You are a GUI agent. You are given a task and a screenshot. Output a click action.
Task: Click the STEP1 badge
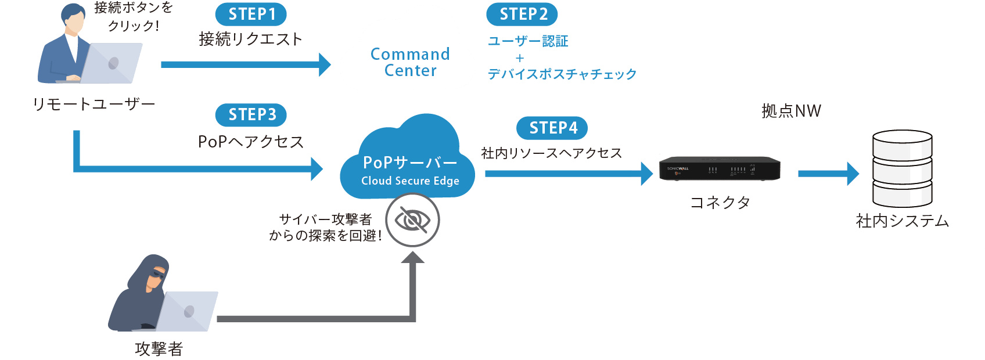point(251,14)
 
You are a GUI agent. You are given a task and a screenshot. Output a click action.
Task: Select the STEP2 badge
point(522,14)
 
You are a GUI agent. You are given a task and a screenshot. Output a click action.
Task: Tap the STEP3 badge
point(251,115)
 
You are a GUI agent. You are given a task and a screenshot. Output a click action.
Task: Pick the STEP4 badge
point(552,128)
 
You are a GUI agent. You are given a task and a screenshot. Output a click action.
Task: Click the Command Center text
point(410,62)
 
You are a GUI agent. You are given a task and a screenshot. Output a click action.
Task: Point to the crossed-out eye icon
point(412,220)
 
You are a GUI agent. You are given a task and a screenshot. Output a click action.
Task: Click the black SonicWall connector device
point(720,168)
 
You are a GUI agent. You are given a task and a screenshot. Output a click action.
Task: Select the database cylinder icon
point(903,168)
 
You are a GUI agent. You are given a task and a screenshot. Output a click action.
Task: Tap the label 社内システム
point(903,221)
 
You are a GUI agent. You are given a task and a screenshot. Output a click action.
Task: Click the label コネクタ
point(720,202)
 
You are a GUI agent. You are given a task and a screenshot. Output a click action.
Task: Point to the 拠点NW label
point(791,111)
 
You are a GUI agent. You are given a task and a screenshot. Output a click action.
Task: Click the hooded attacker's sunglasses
point(157,273)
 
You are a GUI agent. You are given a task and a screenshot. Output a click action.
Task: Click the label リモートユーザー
point(94,104)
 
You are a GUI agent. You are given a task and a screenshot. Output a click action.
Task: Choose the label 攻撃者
point(159,348)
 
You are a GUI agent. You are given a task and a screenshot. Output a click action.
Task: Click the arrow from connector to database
point(828,174)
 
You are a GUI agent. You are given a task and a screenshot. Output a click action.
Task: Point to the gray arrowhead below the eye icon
point(412,257)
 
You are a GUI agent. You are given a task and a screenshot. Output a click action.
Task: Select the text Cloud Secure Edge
point(410,181)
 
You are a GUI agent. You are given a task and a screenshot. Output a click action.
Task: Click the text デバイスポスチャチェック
point(562,74)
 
